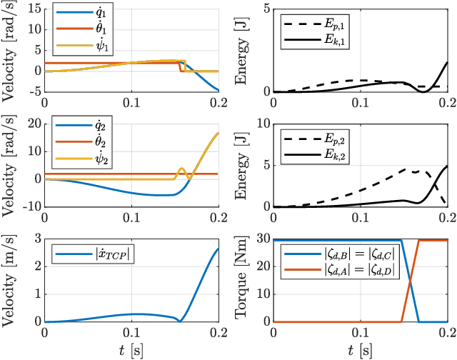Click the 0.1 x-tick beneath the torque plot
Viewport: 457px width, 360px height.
point(361,333)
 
